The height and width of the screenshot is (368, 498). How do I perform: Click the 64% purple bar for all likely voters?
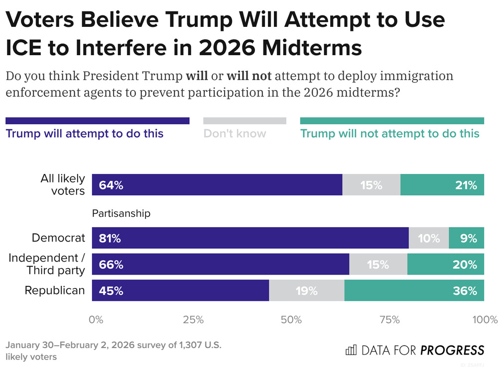tap(217, 185)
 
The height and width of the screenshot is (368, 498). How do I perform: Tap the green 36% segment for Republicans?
tap(414, 290)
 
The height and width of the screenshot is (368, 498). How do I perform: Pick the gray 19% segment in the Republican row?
tap(307, 290)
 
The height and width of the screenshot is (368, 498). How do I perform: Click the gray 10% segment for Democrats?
tap(429, 238)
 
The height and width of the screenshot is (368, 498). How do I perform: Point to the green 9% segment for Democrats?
tap(467, 238)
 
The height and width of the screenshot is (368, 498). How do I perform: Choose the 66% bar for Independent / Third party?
tap(221, 264)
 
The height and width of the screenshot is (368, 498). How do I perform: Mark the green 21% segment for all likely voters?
tap(442, 185)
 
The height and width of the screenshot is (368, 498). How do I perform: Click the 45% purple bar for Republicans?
tap(180, 290)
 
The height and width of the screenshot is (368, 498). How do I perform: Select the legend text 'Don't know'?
tap(235, 133)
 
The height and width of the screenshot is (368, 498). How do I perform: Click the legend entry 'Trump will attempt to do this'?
tap(84, 133)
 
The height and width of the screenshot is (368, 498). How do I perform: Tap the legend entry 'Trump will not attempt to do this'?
tap(390, 133)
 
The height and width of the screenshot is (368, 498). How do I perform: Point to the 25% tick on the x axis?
tap(193, 319)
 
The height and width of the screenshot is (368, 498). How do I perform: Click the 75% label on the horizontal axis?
tap(388, 319)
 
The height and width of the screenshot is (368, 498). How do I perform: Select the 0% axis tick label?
tap(96, 319)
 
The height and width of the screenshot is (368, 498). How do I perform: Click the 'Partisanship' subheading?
tap(121, 213)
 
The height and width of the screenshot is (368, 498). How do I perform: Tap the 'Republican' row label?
tap(55, 290)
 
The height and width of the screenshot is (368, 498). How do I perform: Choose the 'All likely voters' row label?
tap(63, 184)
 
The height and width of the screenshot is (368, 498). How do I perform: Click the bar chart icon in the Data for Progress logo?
tap(351, 350)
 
